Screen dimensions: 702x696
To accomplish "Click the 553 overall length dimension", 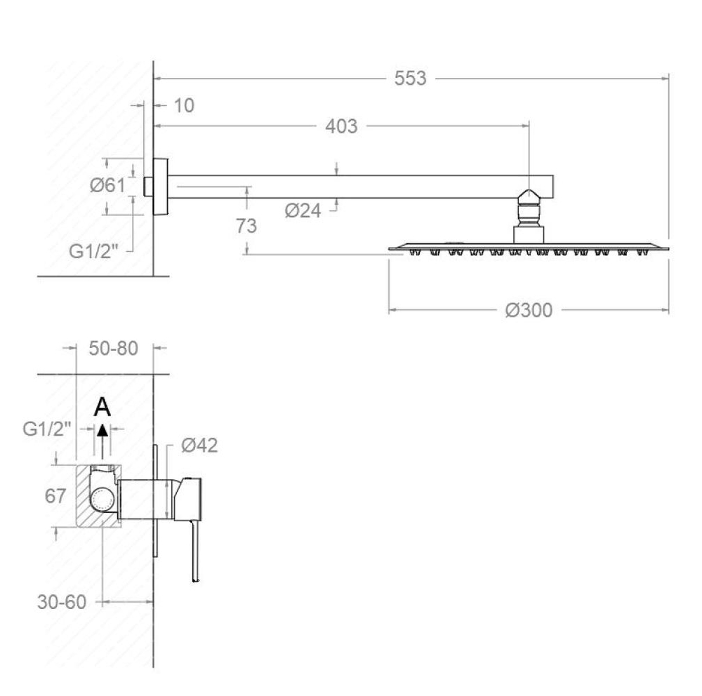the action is point(410,79).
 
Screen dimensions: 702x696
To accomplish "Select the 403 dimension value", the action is point(341,126).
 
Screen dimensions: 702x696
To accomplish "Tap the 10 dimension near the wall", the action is point(183,106).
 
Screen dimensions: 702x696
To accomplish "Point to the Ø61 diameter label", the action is point(107,185).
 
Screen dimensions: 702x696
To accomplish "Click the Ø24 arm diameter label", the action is point(303,210).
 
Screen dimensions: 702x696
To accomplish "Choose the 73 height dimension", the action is point(246,226).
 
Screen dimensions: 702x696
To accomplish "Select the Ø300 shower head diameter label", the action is point(529,309).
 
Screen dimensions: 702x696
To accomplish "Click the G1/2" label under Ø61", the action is point(93,252).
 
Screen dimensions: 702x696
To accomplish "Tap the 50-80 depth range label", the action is point(113,348).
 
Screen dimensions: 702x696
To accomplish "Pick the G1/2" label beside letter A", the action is point(47,429).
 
